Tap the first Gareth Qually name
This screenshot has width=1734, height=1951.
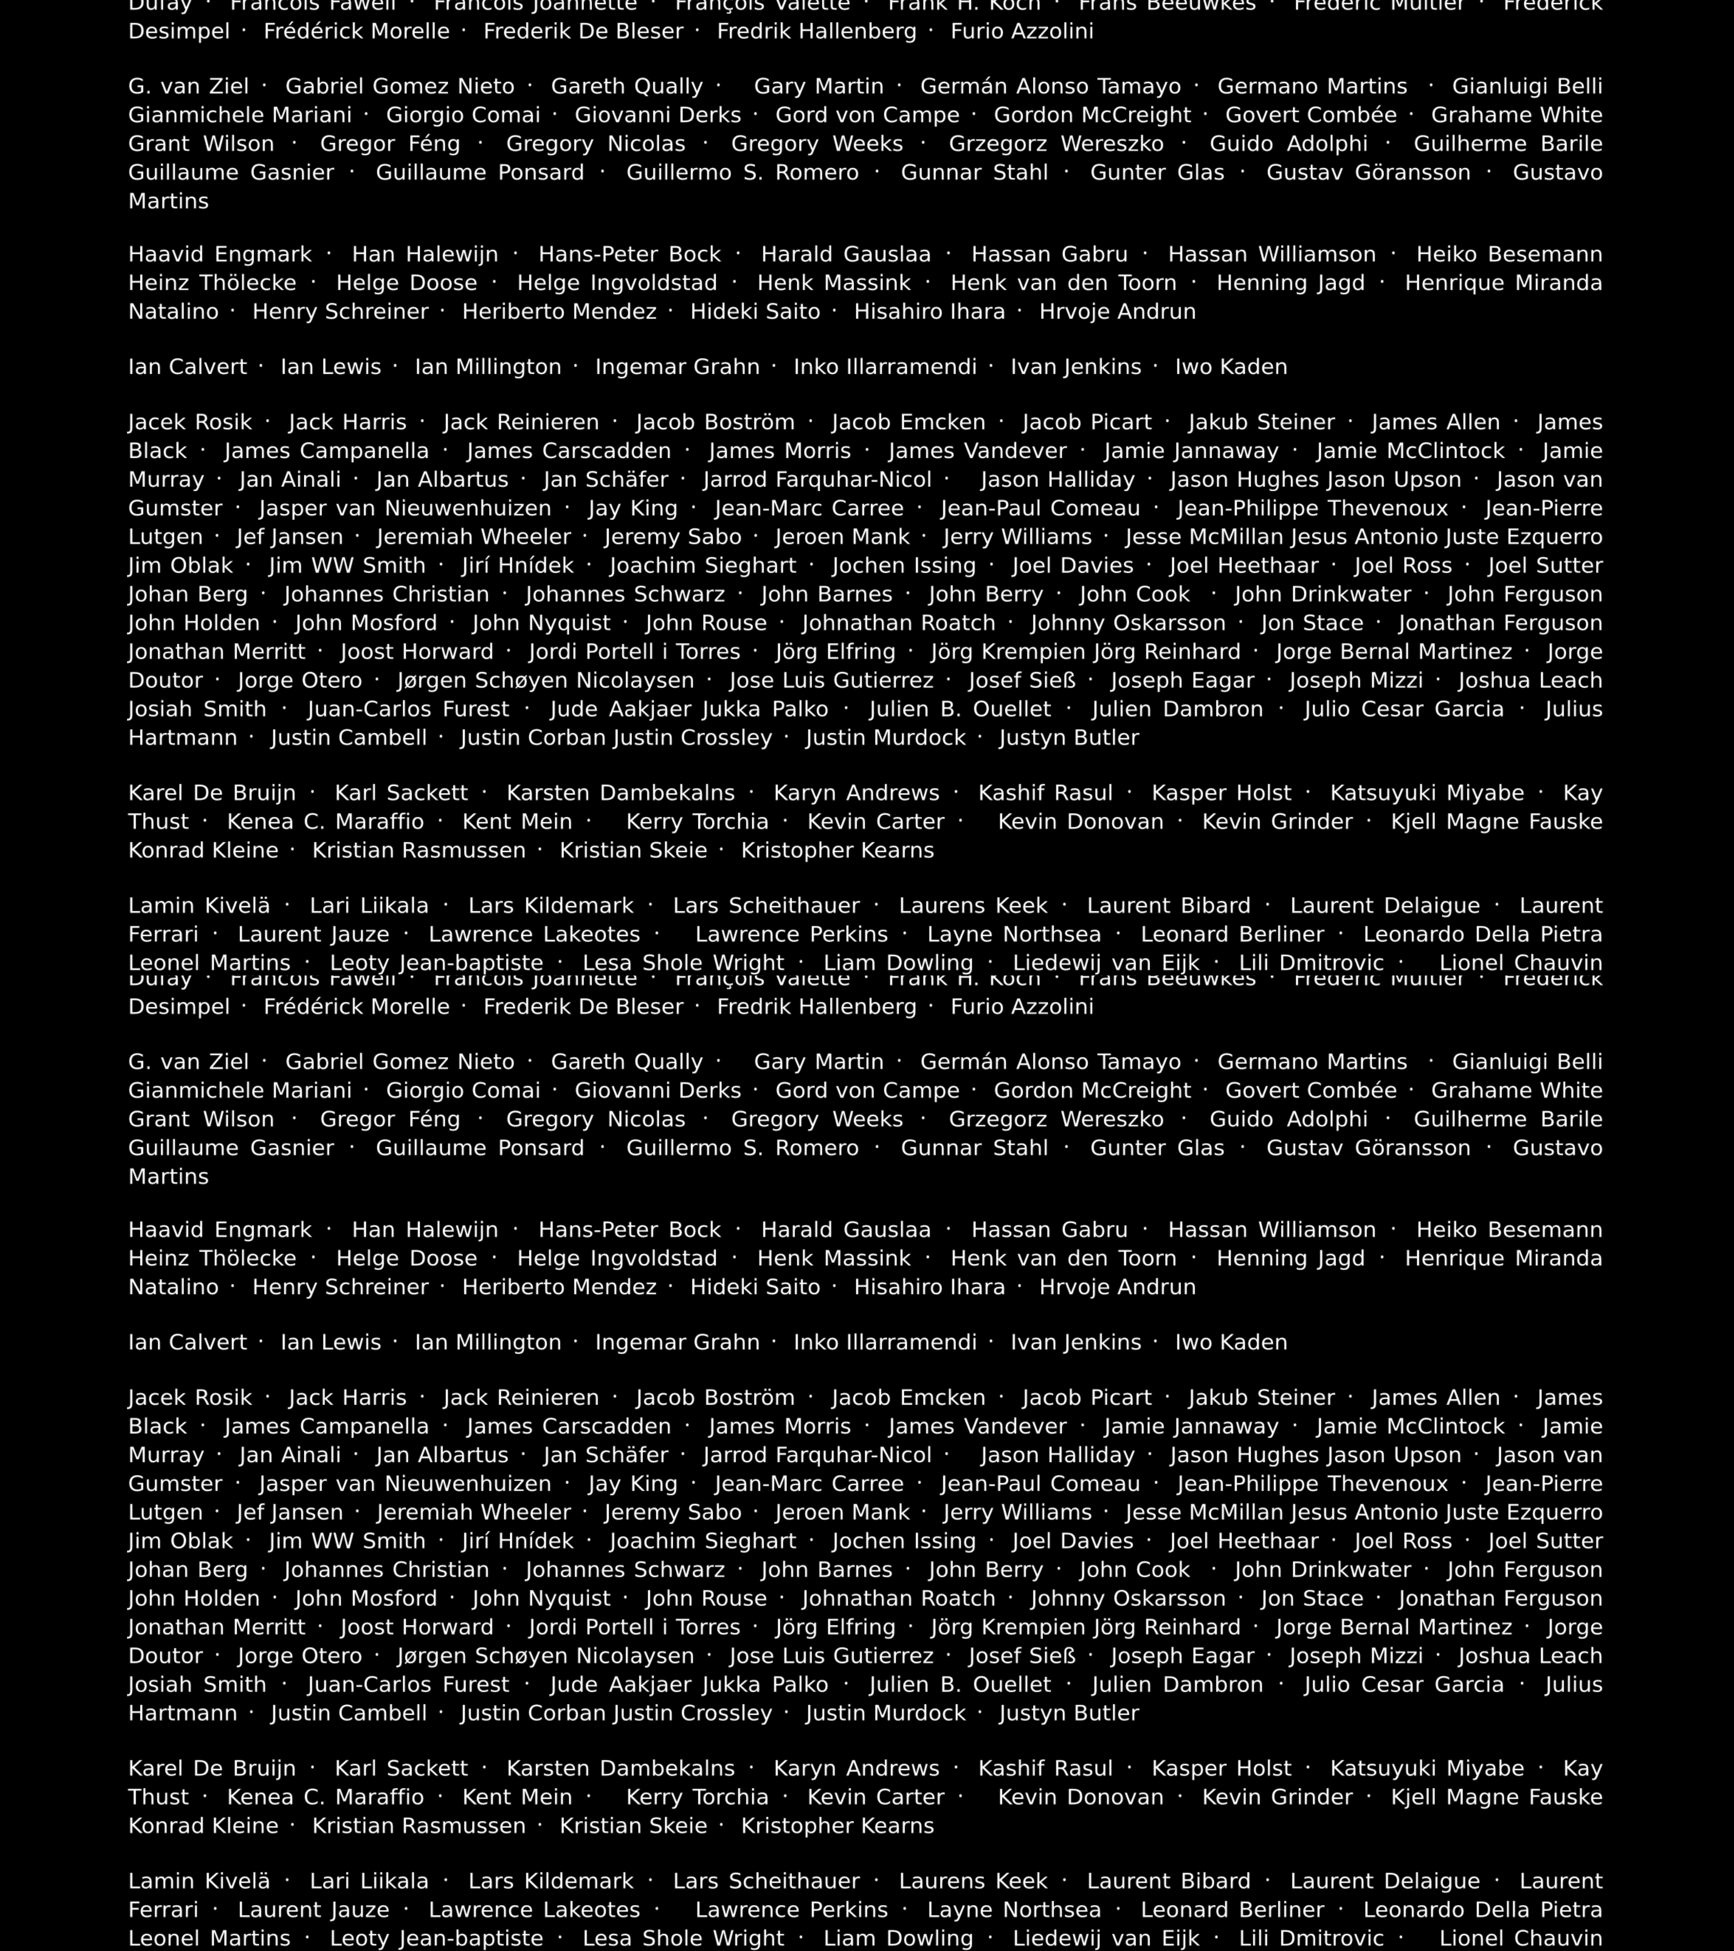click(x=627, y=87)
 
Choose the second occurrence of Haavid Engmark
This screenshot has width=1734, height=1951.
click(x=219, y=1230)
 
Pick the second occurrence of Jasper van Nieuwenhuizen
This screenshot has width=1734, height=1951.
click(x=404, y=1484)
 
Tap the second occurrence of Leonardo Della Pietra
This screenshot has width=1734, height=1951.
click(x=1482, y=1910)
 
